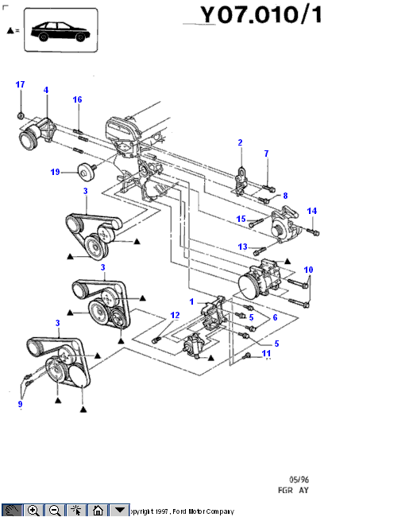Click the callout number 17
click(20, 84)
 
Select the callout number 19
click(55, 172)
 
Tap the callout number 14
click(312, 211)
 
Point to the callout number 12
click(175, 315)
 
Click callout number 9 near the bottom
click(20, 404)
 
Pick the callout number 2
click(240, 142)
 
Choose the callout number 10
click(308, 270)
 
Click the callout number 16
click(77, 99)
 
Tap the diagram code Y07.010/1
click(261, 15)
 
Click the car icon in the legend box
click(60, 32)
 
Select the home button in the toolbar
click(98, 510)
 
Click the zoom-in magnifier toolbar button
click(33, 510)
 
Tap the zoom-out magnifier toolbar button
click(55, 510)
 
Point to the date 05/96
click(299, 480)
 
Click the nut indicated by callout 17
click(21, 116)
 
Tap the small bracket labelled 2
click(241, 181)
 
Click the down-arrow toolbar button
click(119, 510)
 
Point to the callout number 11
click(266, 353)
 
